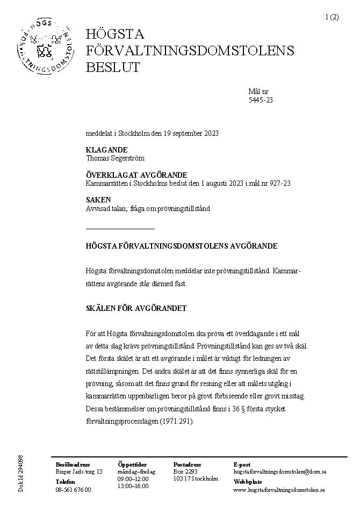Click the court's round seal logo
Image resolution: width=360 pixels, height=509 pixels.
[x=45, y=49]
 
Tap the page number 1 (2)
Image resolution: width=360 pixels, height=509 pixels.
[x=332, y=17]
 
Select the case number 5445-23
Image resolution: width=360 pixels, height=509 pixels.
[x=261, y=100]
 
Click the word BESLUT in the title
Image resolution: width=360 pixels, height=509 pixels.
[x=113, y=68]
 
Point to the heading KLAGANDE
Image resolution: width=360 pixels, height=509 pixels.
[x=106, y=150]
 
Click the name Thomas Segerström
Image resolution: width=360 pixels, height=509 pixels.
[x=115, y=158]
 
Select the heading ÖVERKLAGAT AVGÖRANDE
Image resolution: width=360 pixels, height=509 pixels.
[x=136, y=175]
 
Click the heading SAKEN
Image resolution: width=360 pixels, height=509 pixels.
[x=98, y=200]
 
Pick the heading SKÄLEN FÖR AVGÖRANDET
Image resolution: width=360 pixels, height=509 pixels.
[x=136, y=308]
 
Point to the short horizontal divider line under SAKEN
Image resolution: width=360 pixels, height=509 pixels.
[x=120, y=229]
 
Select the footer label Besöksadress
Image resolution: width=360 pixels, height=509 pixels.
[x=73, y=464]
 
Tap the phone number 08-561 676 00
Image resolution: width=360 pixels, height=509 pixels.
[x=74, y=490]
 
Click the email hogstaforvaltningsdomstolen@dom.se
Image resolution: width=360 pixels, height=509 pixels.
[x=279, y=471]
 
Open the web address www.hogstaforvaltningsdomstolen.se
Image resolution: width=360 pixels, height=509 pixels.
[x=279, y=490]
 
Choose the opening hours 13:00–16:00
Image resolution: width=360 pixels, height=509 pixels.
[x=133, y=486]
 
